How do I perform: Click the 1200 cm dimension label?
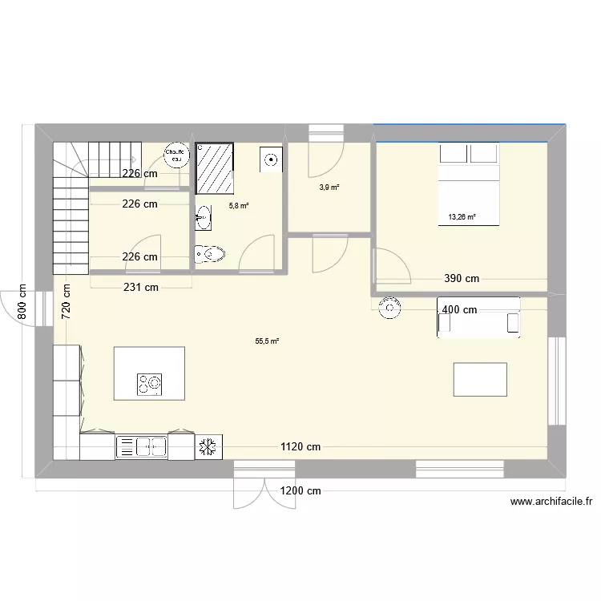pos(300,490)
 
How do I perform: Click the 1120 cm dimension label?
pos(300,447)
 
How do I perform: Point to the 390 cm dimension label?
pos(462,279)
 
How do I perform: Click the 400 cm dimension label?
pos(459,309)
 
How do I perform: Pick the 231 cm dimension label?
pos(139,287)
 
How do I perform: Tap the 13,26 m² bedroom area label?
pos(462,216)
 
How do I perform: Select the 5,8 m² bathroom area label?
pos(239,206)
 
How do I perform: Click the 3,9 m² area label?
pos(329,188)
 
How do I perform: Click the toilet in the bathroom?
pos(209,255)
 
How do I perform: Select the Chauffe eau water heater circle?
pos(175,155)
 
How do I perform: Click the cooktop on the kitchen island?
pos(148,384)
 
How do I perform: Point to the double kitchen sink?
pos(142,446)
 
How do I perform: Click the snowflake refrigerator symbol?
pos(208,446)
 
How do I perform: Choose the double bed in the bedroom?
pos(469,184)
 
